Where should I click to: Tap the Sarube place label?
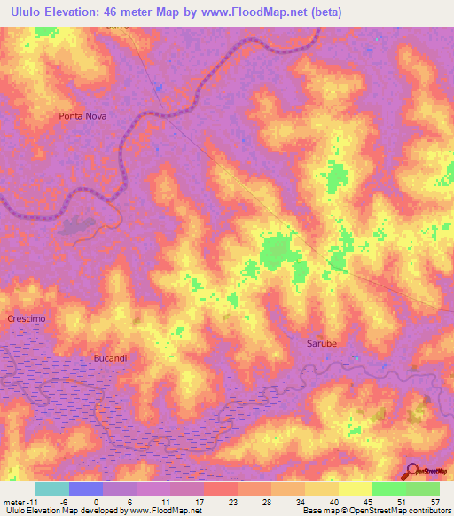click(321, 342)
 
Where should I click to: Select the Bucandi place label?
click(111, 358)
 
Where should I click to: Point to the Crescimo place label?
click(26, 318)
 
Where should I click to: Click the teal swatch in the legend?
click(51, 489)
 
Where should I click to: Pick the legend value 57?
click(434, 501)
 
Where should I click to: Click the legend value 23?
click(232, 501)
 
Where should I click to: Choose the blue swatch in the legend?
click(86, 489)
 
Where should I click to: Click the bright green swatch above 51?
click(389, 489)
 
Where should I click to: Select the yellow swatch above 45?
click(356, 489)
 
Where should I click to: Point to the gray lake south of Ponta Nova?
click(82, 226)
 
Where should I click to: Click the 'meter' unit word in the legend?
click(13, 501)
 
